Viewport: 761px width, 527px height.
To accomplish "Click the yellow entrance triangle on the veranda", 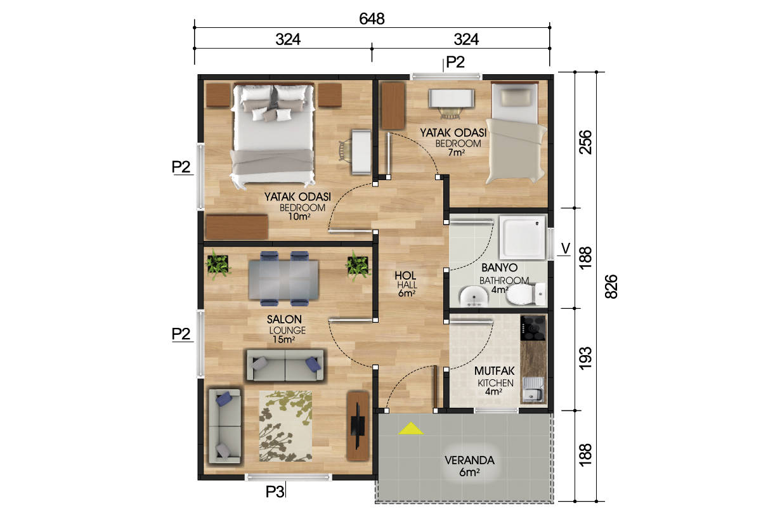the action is (x=411, y=429).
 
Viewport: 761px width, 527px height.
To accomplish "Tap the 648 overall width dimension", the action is (x=372, y=19).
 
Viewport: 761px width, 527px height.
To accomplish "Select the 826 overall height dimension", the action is (x=611, y=287).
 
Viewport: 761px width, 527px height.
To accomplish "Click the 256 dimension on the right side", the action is (x=585, y=141).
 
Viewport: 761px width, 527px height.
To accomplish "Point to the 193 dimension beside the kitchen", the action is (x=585, y=358).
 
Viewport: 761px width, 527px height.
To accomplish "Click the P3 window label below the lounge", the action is (x=275, y=491).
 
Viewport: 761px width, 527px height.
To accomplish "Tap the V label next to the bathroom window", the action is (x=566, y=249).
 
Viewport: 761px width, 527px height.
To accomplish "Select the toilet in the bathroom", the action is (x=525, y=294).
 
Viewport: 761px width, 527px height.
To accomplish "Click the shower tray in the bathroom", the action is (x=522, y=237).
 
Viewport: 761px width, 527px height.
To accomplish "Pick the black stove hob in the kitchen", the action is (x=533, y=329).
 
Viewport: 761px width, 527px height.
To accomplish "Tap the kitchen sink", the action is (x=533, y=390).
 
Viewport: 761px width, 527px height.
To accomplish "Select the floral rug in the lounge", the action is (x=285, y=426).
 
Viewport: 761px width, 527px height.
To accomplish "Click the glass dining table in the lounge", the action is (x=283, y=280).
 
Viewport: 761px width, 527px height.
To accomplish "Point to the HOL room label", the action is (x=405, y=275).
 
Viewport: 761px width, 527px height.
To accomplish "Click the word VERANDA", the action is (x=469, y=460).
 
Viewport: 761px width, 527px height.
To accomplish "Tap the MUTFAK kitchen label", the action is (x=494, y=371).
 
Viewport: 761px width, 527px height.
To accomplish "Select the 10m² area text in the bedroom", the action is (x=299, y=216).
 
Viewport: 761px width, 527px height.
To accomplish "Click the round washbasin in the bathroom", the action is (x=474, y=296).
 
